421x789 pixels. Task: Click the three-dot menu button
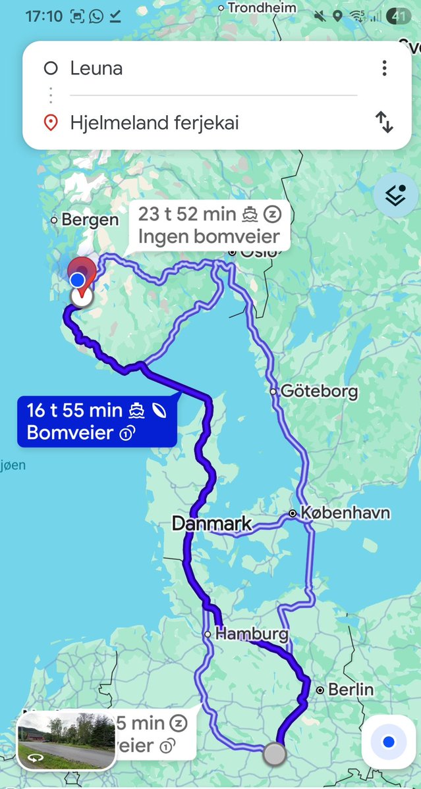384,68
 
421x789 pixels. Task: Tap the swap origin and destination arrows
384,122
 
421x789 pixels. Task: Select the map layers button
395,195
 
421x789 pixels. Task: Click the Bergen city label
90,220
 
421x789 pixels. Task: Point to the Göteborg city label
319,392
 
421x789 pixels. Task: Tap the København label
345,513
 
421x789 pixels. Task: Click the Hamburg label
252,634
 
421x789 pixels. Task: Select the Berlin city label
351,690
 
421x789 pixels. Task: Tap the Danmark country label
211,524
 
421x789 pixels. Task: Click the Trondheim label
262,8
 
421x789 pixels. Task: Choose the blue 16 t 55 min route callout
97,421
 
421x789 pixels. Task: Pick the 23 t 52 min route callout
209,225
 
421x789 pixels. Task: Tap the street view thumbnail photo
65,740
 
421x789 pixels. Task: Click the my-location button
388,742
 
